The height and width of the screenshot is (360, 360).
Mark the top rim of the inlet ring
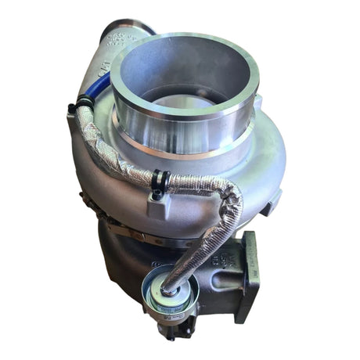(184, 41)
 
